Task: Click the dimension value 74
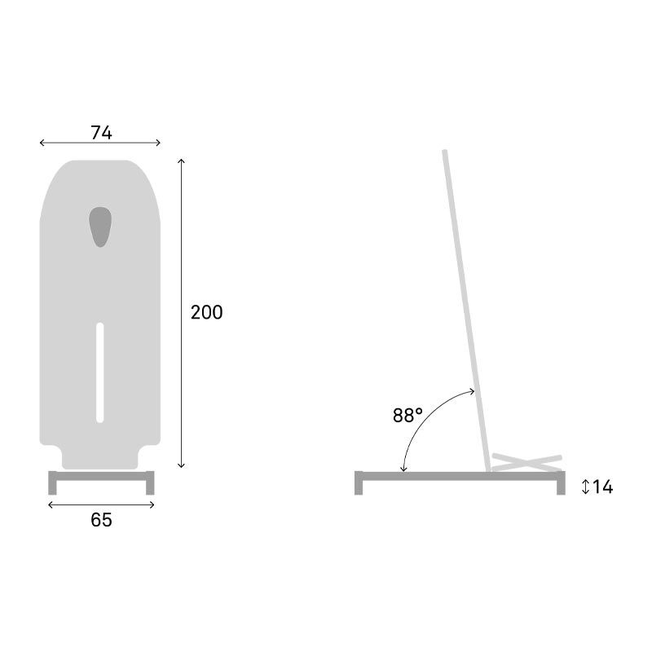(x=101, y=133)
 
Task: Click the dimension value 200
(x=206, y=312)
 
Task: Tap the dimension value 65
(x=101, y=520)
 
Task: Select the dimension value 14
(x=602, y=487)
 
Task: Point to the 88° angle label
(x=407, y=416)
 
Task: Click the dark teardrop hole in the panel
(x=100, y=226)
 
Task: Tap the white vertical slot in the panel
(x=100, y=372)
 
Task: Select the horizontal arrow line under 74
(x=100, y=143)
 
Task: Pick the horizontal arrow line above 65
(x=101, y=505)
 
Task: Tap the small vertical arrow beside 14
(x=585, y=487)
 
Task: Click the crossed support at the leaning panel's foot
(x=526, y=461)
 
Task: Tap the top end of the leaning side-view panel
(x=444, y=153)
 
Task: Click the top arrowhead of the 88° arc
(x=474, y=393)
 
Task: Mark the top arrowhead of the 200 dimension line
(x=182, y=162)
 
